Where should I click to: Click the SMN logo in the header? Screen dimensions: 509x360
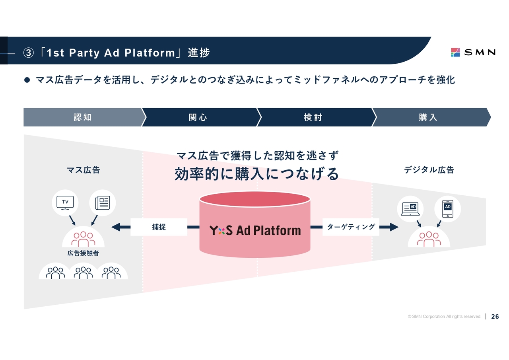tap(473, 53)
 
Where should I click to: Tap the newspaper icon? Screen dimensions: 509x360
tap(103, 203)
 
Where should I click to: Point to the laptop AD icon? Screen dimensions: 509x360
tap(410, 209)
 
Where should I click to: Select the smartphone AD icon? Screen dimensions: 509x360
tap(448, 209)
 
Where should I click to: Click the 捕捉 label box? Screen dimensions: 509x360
tap(159, 227)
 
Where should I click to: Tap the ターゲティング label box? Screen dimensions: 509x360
tap(351, 227)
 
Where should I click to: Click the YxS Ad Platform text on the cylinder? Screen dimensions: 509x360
tap(255, 230)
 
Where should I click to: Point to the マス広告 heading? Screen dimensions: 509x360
tap(84, 170)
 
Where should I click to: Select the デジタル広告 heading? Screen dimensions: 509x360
tap(429, 170)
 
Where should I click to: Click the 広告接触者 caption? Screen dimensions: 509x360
tap(83, 253)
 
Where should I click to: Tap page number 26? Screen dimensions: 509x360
tap(495, 317)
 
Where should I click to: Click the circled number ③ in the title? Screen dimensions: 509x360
tap(29, 53)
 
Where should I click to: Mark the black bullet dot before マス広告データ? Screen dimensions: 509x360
tap(27, 80)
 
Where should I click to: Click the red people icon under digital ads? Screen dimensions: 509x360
tap(429, 239)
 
